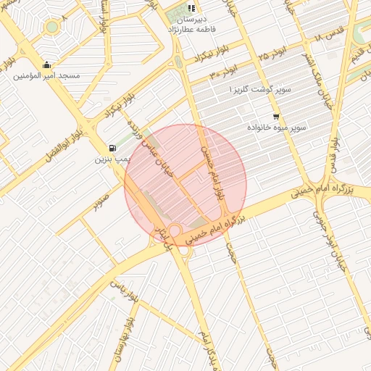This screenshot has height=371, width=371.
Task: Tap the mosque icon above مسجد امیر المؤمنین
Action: (x=47, y=64)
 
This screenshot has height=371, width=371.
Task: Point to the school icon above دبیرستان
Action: (x=191, y=9)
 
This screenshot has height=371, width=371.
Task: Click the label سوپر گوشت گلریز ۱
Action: (x=259, y=88)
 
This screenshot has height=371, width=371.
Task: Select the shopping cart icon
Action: (x=276, y=116)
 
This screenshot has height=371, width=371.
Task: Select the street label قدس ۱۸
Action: (x=328, y=35)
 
